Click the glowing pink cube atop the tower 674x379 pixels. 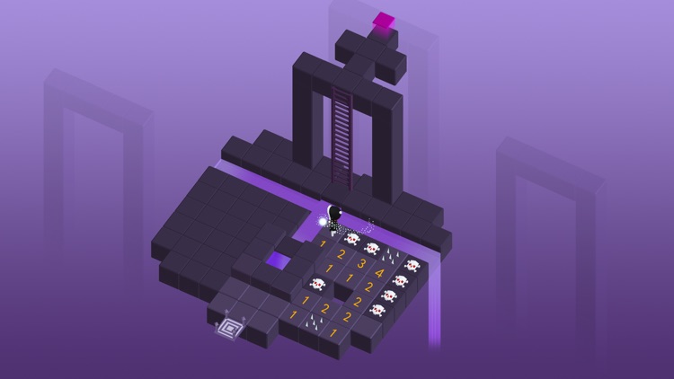click(x=385, y=20)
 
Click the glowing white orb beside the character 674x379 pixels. click(x=323, y=220)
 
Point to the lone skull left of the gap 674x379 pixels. click(x=316, y=284)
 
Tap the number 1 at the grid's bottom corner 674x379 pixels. click(x=334, y=333)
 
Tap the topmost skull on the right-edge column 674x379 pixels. click(x=412, y=266)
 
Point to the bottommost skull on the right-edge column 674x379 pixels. click(x=377, y=310)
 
